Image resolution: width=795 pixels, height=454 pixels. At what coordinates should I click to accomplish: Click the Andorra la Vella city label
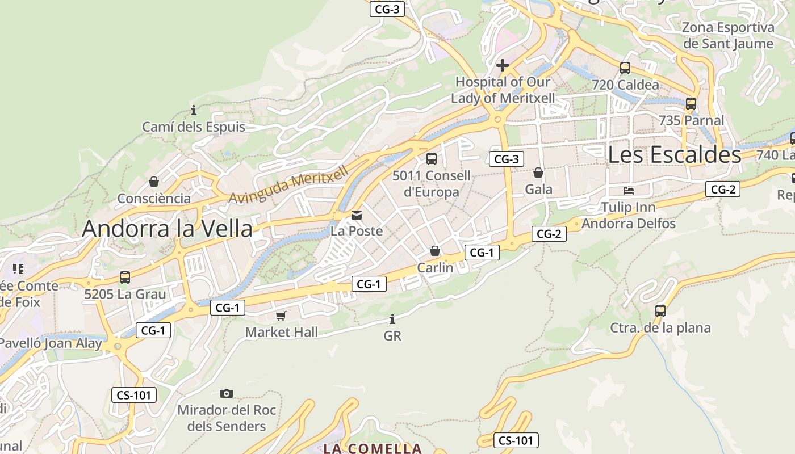coord(167,228)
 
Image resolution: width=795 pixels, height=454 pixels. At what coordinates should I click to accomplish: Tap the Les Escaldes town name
coord(675,154)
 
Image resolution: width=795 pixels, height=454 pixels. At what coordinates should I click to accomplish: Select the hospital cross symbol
coord(502,65)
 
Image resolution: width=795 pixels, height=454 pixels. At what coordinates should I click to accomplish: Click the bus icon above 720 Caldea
coord(625,68)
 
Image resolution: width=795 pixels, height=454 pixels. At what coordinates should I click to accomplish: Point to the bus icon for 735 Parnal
coord(691,104)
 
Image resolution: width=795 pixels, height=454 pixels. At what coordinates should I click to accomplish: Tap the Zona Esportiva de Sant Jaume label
coord(728,35)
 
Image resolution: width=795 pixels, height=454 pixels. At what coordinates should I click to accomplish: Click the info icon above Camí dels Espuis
coord(194,110)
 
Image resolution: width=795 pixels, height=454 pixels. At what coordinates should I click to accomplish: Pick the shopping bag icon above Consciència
coord(153,182)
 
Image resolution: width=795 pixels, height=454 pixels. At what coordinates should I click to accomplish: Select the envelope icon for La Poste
coord(357,215)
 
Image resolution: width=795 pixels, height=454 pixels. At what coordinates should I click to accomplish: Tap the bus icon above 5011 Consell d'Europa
coord(432,159)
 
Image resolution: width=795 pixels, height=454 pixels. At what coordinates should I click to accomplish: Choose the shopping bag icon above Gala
coord(538,173)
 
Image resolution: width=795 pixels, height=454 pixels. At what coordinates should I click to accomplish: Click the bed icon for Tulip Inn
coord(629,190)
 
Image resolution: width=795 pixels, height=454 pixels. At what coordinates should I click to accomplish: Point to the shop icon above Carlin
coord(435,251)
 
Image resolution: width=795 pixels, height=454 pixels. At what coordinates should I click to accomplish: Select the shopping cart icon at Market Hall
coord(281,316)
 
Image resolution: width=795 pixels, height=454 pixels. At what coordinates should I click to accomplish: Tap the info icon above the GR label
coord(392,320)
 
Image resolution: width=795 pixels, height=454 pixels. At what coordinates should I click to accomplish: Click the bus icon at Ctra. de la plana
coord(660,311)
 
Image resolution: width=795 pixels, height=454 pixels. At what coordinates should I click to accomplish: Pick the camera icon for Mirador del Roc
coord(227,393)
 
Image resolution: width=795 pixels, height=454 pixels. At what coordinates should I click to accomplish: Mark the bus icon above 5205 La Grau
coord(125,278)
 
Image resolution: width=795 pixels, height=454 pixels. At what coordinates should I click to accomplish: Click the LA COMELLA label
coord(373,448)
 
